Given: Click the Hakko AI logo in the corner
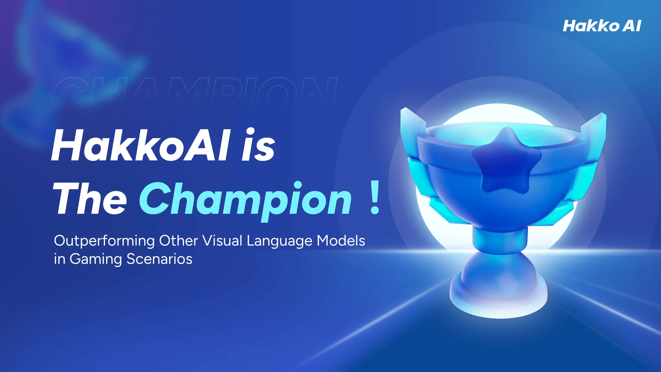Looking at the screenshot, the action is click(602, 26).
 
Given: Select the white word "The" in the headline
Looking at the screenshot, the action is click(90, 198).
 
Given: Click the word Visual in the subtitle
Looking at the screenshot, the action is click(222, 241).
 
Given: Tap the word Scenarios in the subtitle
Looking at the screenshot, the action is click(160, 259).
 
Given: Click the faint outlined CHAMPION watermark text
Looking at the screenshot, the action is click(195, 90).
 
